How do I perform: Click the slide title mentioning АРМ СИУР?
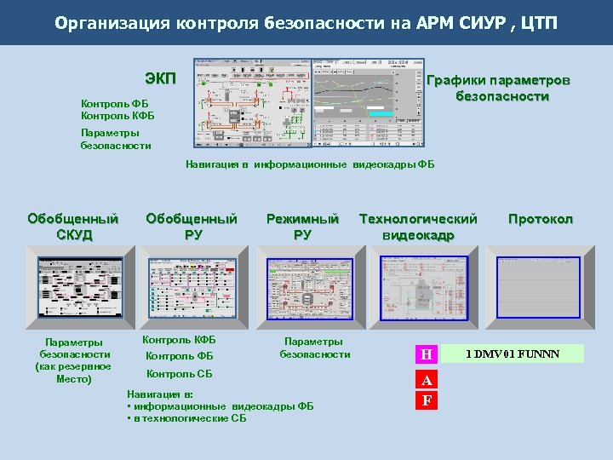click(306, 22)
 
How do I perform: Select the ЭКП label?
click(160, 79)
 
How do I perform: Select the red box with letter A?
click(427, 380)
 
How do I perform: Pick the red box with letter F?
click(427, 400)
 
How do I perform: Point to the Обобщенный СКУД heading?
click(72, 227)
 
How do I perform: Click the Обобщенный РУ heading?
click(192, 227)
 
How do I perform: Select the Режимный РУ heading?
click(302, 227)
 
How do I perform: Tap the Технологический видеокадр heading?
click(418, 227)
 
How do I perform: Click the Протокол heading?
click(541, 219)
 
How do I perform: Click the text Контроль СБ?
click(180, 374)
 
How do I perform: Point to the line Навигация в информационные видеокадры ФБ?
click(310, 164)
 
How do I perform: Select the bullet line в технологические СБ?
click(186, 418)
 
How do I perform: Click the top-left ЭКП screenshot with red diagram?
click(252, 102)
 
